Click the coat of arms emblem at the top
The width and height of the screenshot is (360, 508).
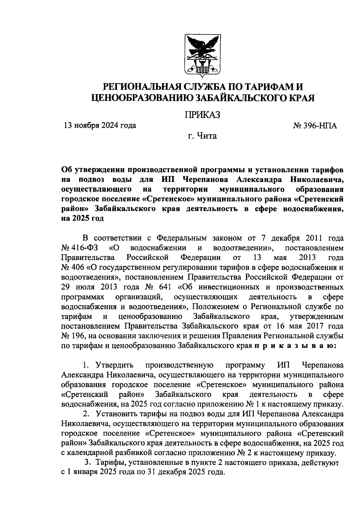[202, 56]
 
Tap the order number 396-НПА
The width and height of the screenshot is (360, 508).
[319, 125]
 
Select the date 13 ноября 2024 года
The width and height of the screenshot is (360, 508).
[99, 125]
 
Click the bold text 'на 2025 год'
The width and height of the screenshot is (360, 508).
[82, 218]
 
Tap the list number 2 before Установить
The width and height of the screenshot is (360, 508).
[86, 414]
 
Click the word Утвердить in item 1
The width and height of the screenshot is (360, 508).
[114, 365]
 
